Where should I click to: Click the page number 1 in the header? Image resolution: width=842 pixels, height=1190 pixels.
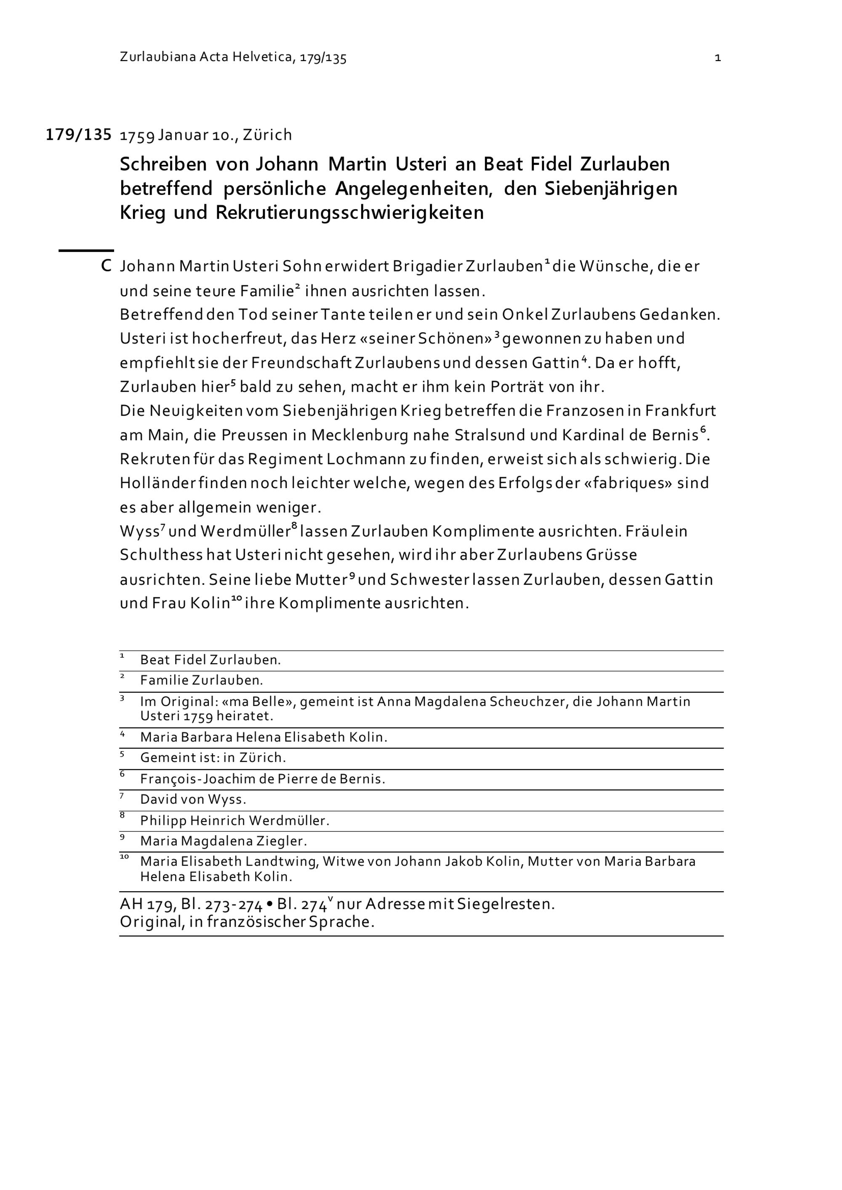pyautogui.click(x=717, y=58)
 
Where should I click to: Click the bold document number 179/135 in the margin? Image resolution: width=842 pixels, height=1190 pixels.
pyautogui.click(x=78, y=135)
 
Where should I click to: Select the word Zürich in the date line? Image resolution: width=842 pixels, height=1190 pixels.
pyautogui.click(x=267, y=135)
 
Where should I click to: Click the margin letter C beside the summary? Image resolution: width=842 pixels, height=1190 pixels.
pyautogui.click(x=106, y=266)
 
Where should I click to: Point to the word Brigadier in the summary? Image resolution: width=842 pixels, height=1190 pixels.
pyautogui.click(x=427, y=266)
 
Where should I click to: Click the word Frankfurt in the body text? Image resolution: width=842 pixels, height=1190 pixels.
pyautogui.click(x=680, y=411)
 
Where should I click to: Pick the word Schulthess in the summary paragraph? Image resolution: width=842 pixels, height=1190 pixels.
pyautogui.click(x=161, y=555)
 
